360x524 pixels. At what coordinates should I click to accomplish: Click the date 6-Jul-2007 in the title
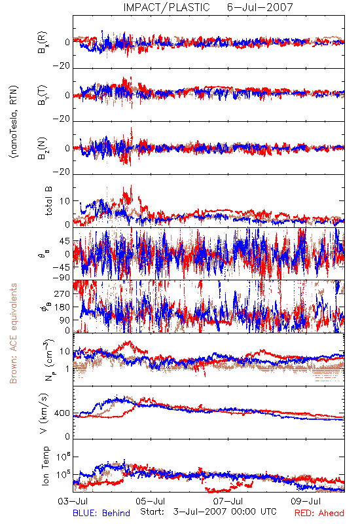(260, 7)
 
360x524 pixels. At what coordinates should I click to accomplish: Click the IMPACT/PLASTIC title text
(166, 7)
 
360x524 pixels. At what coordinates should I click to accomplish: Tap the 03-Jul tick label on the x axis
(73, 501)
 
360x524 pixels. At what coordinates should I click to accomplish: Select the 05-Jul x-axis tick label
(151, 501)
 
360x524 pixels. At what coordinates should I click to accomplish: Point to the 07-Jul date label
(228, 501)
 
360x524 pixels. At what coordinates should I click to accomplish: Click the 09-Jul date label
(306, 501)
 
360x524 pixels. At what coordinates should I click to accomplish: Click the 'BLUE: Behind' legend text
(101, 513)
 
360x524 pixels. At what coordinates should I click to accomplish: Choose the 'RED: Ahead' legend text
(319, 513)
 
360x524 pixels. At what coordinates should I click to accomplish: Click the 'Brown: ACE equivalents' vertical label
(13, 333)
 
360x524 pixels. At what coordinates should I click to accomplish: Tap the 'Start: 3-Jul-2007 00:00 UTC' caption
(208, 512)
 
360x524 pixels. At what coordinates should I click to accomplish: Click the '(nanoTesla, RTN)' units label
(14, 122)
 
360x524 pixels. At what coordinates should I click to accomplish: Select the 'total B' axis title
(48, 201)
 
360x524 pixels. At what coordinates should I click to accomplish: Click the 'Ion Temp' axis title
(45, 466)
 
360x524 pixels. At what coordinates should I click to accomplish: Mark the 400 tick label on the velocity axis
(62, 413)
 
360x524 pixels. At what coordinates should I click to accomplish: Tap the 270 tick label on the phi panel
(62, 293)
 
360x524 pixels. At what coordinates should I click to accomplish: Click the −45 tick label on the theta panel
(61, 267)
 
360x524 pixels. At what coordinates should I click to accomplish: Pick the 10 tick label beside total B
(65, 201)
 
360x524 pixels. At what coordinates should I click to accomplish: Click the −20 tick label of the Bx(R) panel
(62, 65)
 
